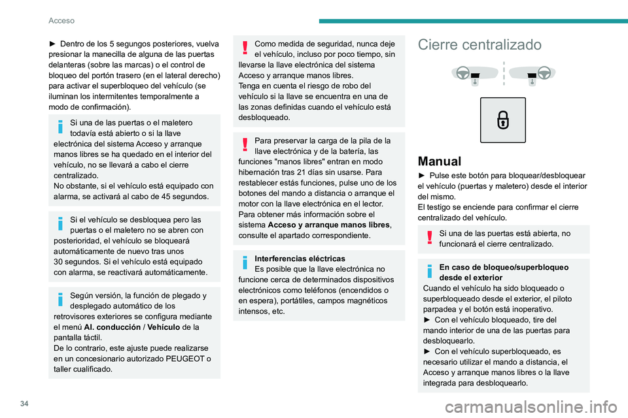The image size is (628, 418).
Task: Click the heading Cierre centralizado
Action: pyautogui.click(x=480, y=45)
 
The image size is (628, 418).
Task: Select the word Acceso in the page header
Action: pyautogui.click(x=61, y=20)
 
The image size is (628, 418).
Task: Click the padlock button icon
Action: pyautogui.click(x=502, y=120)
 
